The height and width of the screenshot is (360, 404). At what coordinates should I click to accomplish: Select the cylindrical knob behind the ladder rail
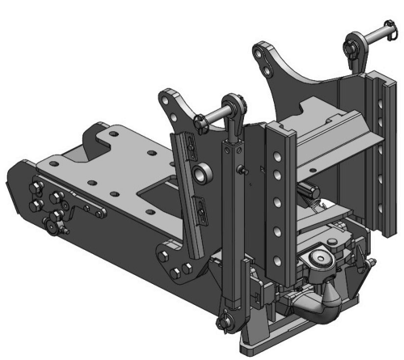pos(308,189)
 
